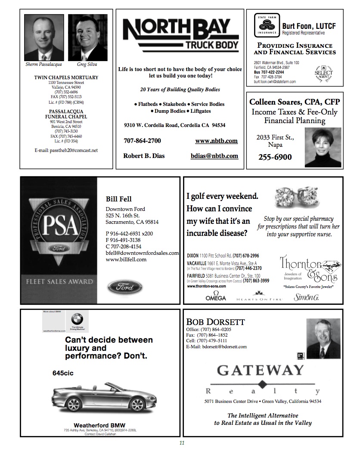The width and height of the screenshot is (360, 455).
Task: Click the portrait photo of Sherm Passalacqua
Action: [x=44, y=38]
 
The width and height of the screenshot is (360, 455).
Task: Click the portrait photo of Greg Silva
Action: [x=87, y=38]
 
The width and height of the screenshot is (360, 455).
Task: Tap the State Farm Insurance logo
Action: [x=267, y=25]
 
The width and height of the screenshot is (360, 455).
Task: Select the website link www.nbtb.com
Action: [x=216, y=141]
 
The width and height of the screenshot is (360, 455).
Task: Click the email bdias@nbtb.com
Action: [x=214, y=156]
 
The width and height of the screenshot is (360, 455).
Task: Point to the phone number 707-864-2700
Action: [x=142, y=141]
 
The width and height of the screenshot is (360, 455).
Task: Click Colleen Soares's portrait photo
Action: [x=323, y=147]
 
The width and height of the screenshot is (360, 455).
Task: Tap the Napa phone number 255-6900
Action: [x=275, y=157]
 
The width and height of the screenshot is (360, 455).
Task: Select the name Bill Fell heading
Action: [x=118, y=199]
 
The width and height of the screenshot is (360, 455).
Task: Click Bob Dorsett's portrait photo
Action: [x=323, y=338]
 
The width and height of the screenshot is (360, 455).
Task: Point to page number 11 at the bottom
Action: [x=182, y=444]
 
